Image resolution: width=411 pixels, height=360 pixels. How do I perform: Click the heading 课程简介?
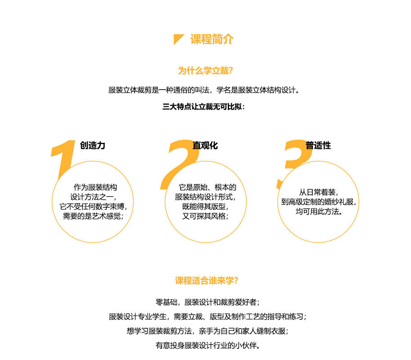click(212, 39)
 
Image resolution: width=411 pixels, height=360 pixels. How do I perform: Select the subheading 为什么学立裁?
click(205, 71)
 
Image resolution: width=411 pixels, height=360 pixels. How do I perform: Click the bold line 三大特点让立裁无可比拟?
click(203, 107)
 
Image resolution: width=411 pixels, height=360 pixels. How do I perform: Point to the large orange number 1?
click(63, 157)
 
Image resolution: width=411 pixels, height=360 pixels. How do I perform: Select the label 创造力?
click(93, 146)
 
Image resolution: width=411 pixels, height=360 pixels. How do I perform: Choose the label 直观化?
click(205, 146)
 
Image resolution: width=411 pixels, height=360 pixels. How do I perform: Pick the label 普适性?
click(318, 146)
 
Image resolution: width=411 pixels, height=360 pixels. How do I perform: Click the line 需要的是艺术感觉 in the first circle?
click(93, 216)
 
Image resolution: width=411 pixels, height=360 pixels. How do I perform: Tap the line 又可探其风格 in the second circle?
click(205, 216)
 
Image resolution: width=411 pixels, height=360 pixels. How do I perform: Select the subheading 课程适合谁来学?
click(207, 281)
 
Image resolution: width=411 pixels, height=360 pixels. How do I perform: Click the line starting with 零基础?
click(208, 302)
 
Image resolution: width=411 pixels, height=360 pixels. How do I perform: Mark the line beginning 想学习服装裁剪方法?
click(208, 331)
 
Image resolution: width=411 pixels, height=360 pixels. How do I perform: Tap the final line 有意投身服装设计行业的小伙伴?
click(208, 346)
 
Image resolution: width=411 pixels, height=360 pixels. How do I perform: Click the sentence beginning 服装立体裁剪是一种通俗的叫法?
click(203, 90)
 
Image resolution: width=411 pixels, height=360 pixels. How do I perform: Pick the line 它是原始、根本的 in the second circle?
click(208, 187)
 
